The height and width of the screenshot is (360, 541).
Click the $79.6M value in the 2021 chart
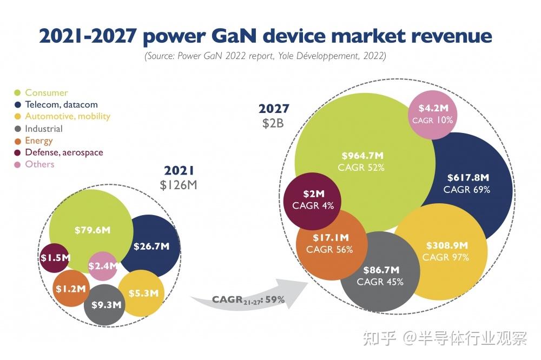(93, 230)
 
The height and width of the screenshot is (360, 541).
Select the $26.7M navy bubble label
(151, 246)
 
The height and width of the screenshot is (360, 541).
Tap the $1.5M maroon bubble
(55, 257)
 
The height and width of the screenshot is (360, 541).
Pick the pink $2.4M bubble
(102, 265)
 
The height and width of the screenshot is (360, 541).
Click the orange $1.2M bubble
(70, 289)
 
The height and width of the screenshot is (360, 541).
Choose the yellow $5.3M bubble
(143, 294)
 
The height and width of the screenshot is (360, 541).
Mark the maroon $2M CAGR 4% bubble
(313, 199)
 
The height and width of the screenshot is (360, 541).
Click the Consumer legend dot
(18, 93)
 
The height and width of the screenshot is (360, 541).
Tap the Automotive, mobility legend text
(67, 116)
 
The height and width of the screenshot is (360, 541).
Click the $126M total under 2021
(179, 185)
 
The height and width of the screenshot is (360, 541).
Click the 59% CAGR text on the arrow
(275, 299)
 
